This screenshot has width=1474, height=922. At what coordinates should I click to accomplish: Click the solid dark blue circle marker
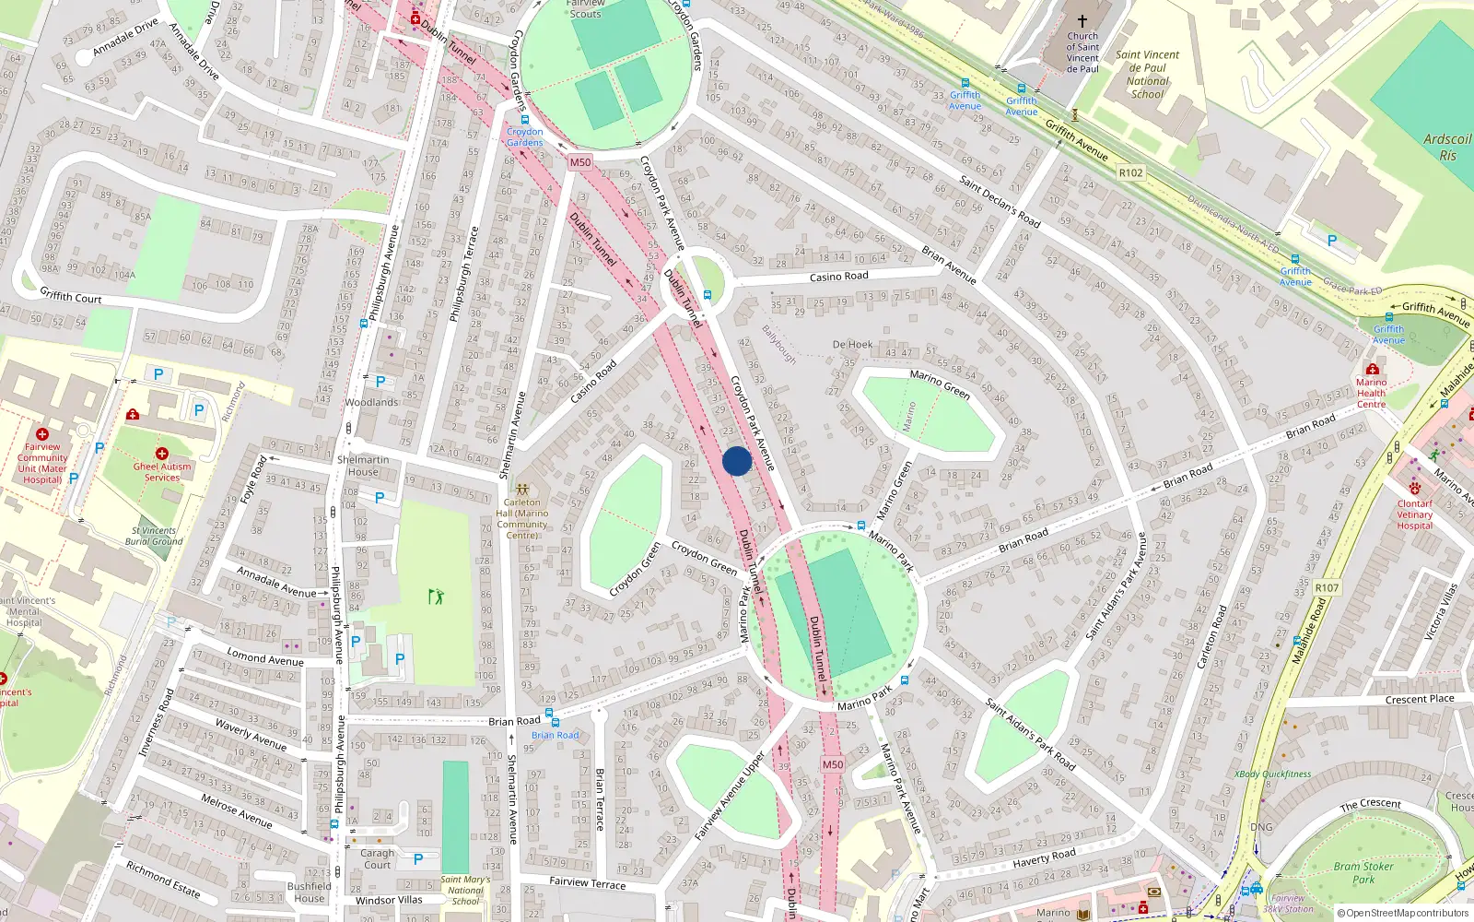[x=737, y=461]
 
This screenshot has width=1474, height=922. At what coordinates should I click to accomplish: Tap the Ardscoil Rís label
[x=1447, y=148]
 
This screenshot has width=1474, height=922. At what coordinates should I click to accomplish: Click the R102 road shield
[x=1130, y=172]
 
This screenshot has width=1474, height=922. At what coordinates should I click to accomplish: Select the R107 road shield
[x=1327, y=587]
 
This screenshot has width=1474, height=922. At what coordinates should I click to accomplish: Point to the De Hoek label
[x=852, y=345]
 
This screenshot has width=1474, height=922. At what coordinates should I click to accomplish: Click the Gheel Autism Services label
[x=162, y=471]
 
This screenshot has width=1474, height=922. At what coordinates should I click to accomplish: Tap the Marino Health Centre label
[x=1371, y=393]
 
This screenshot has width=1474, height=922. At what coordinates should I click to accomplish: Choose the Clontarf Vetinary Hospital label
[x=1414, y=514]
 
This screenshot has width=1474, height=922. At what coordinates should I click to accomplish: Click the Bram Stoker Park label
[x=1363, y=872]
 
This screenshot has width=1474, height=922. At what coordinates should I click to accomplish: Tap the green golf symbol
[x=437, y=597]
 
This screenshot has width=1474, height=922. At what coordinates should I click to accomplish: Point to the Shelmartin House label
[x=363, y=466]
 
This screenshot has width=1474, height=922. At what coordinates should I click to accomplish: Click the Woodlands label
[x=371, y=402]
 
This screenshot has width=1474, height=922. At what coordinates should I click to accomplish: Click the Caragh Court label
[x=377, y=858]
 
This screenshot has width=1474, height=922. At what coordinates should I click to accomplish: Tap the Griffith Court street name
[x=71, y=296]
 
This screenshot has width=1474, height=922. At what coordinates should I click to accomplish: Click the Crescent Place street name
[x=1420, y=699]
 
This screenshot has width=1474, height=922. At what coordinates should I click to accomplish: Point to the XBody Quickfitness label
[x=1272, y=774]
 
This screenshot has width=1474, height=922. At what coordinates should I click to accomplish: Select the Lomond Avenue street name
[x=265, y=657]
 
